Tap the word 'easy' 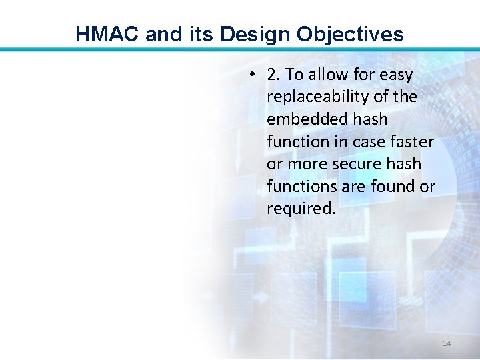[396, 75]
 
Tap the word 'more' [307, 164]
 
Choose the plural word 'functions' [297, 187]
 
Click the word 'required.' [302, 209]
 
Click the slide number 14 [447, 343]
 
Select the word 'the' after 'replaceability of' [405, 97]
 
